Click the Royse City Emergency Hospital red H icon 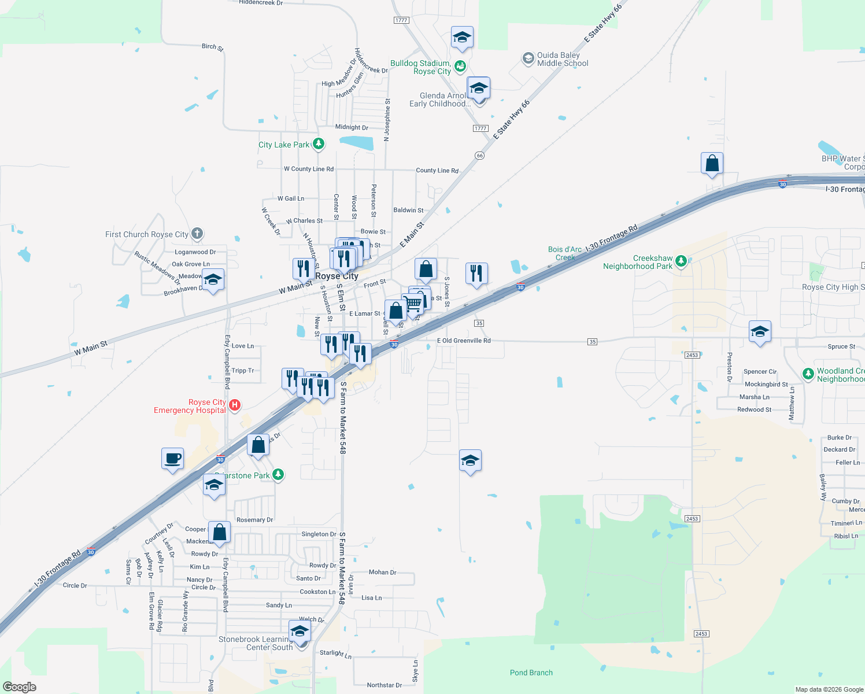(235, 405)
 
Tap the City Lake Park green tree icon (318, 144)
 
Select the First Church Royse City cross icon (197, 234)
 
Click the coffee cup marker (172, 459)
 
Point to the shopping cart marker (413, 303)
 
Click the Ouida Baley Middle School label (562, 59)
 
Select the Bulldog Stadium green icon (460, 66)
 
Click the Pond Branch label (531, 673)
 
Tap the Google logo (20, 687)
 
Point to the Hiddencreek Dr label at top (261, 3)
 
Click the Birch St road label (212, 47)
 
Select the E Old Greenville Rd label (464, 341)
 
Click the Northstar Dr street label (384, 685)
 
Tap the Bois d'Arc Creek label (565, 253)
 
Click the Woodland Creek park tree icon (808, 374)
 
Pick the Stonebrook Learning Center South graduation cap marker (300, 631)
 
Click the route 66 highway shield (479, 156)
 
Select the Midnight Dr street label (352, 127)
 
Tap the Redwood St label (754, 409)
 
